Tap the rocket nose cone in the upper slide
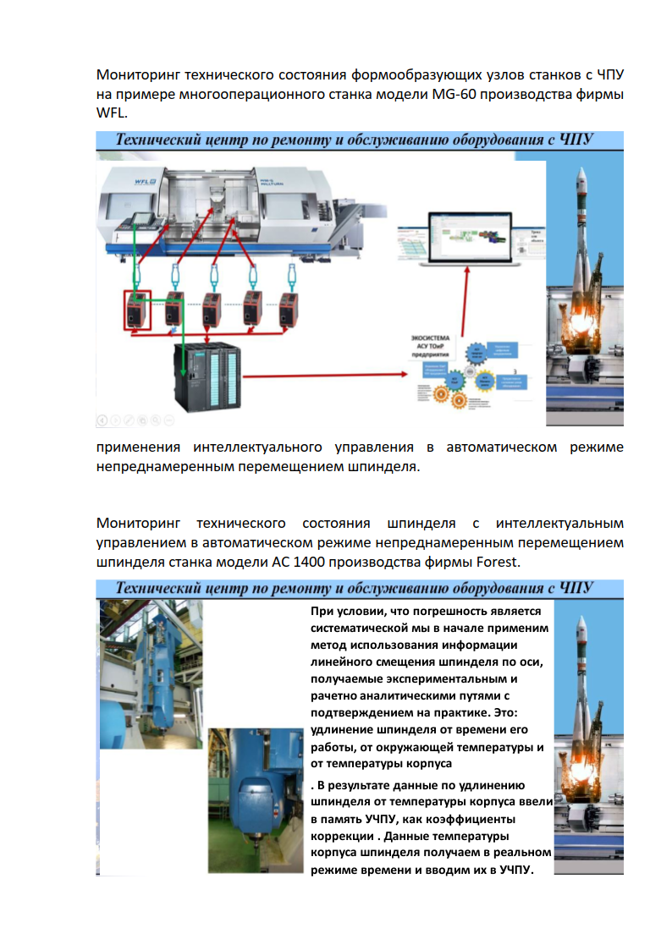pos(580,177)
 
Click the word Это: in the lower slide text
pos(515,712)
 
